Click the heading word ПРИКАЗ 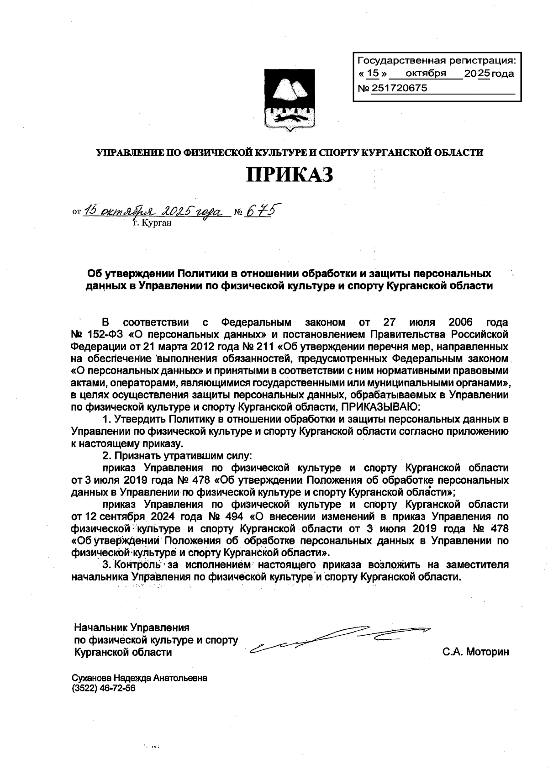(x=290, y=175)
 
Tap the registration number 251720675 (x=399, y=88)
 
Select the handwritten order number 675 (x=263, y=211)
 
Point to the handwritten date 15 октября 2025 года (x=154, y=211)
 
